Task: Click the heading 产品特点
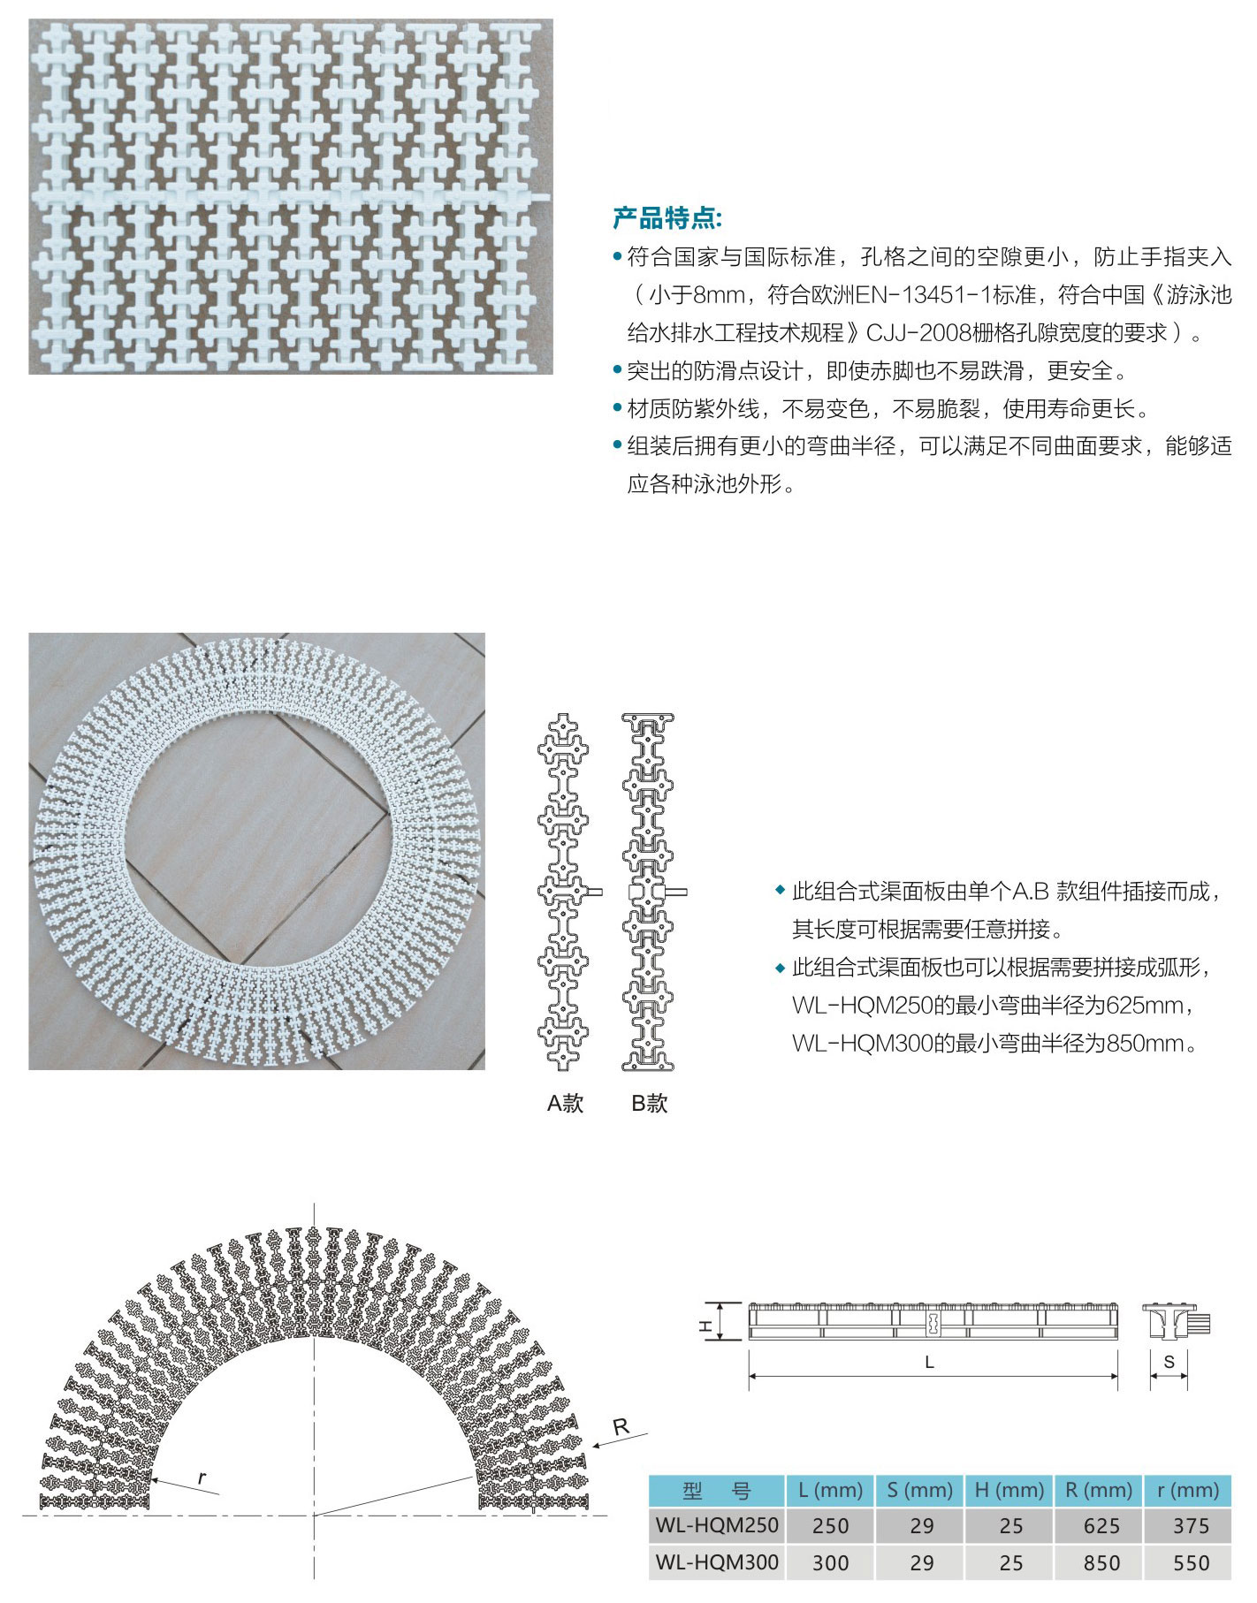(667, 218)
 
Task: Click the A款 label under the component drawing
(566, 1103)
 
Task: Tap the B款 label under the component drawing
(649, 1103)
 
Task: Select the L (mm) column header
(830, 1491)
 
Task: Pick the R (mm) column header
(1099, 1491)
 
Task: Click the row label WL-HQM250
(717, 1525)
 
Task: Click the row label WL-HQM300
(717, 1562)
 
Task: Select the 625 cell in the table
(1101, 1526)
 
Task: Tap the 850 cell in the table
(1101, 1563)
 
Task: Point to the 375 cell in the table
(1191, 1526)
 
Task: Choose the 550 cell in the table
(1191, 1563)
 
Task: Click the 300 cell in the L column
(830, 1563)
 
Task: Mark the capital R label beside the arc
(621, 1426)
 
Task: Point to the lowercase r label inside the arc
(202, 1478)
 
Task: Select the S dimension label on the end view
(1169, 1362)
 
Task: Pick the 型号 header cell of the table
(717, 1491)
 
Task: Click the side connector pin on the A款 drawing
(595, 892)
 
